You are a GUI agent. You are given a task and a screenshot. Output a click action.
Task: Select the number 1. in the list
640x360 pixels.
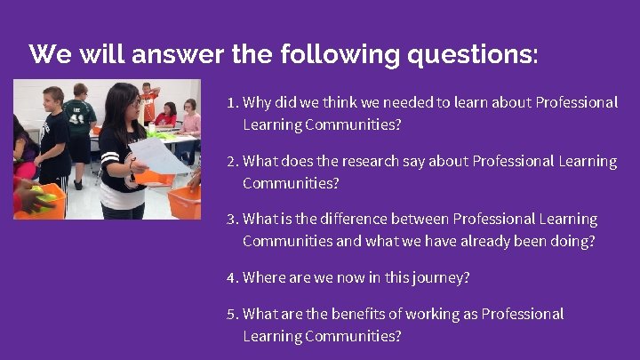coord(233,103)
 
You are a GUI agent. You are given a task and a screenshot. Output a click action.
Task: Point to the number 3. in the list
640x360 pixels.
coord(233,219)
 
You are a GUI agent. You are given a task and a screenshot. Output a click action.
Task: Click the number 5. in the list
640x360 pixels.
coord(233,314)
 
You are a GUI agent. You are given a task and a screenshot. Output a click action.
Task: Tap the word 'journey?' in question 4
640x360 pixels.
coord(441,277)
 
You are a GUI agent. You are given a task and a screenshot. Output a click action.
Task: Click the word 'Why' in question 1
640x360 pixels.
coord(257,103)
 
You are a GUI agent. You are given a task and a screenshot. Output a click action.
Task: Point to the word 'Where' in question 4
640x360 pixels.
coord(263,277)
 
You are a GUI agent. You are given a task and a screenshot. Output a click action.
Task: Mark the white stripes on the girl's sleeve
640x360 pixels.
coord(110,160)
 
